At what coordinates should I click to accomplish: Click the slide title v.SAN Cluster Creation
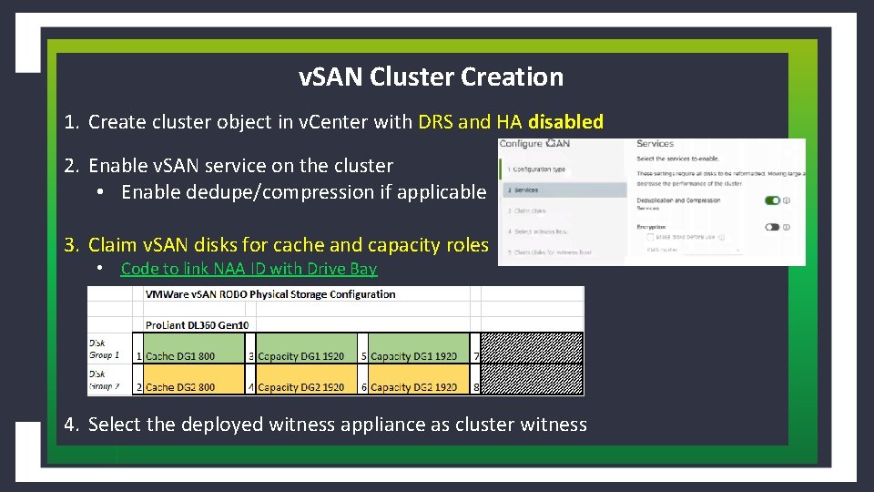click(x=431, y=77)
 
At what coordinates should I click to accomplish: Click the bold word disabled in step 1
click(x=565, y=122)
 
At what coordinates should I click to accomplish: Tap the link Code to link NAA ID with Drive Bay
click(x=249, y=269)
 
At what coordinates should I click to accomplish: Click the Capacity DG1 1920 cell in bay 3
click(x=301, y=355)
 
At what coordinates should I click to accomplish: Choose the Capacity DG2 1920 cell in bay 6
click(x=414, y=386)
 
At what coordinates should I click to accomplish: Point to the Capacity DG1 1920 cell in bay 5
click(x=414, y=355)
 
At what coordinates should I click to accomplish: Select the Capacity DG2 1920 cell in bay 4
click(x=301, y=386)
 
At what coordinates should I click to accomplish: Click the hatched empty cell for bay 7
click(x=532, y=348)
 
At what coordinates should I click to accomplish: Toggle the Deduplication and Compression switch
click(x=773, y=201)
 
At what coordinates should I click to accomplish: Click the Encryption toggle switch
click(x=773, y=227)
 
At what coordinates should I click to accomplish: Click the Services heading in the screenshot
click(x=655, y=144)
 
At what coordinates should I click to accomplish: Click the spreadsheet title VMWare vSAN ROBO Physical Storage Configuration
click(x=270, y=294)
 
